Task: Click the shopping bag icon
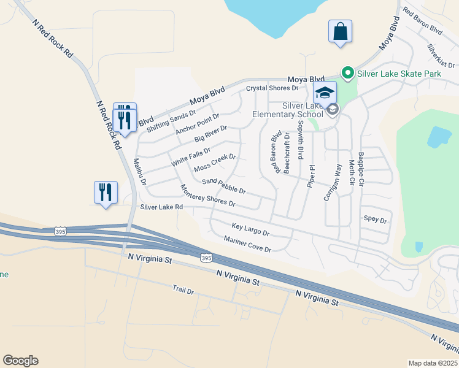[340, 31]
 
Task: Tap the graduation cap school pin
[325, 93]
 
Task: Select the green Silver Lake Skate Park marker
[347, 74]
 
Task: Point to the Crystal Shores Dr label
[272, 88]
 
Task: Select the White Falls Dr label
[190, 157]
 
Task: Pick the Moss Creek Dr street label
[214, 163]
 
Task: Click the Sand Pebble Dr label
[224, 186]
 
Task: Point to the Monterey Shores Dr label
[207, 195]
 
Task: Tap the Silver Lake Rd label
[161, 207]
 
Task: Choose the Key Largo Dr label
[250, 229]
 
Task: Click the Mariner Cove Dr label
[248, 244]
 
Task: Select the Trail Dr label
[183, 289]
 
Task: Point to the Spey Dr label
[376, 219]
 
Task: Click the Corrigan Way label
[332, 182]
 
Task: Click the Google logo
[21, 361]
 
